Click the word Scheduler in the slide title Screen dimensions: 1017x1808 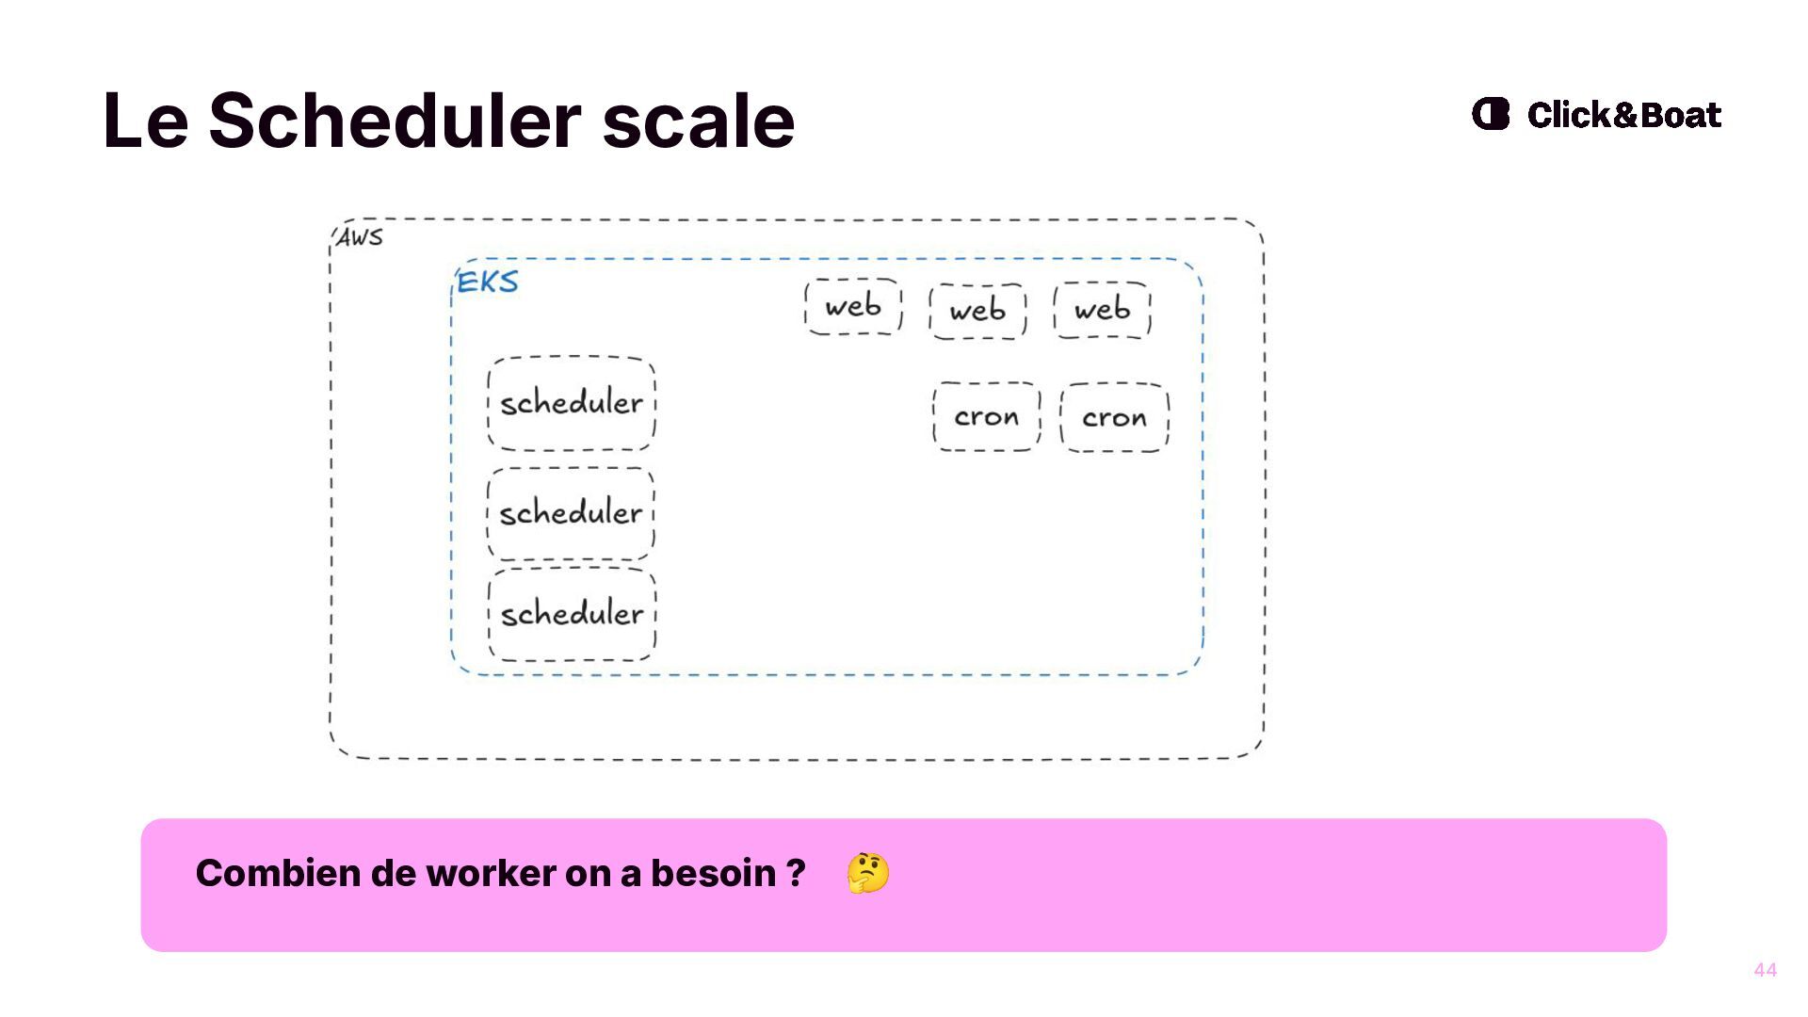tap(394, 121)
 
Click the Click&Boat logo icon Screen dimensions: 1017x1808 tap(1491, 114)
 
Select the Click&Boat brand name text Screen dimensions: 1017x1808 tap(1623, 115)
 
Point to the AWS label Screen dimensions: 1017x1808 tap(360, 237)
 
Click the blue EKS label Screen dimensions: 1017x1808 tap(487, 282)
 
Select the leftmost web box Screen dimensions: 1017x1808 tap(853, 306)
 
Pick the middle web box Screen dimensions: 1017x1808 tap(977, 311)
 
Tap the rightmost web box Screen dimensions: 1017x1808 tap(1102, 310)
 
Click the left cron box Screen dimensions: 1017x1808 tap(986, 416)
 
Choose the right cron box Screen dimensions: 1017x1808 tap(1114, 417)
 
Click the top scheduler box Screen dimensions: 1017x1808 tap(572, 403)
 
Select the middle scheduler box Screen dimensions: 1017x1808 tap(571, 513)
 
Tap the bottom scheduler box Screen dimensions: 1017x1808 tap(572, 614)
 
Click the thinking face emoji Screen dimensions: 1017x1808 tap(867, 873)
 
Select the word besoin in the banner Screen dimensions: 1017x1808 tap(713, 873)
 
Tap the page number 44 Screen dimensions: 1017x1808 tap(1765, 970)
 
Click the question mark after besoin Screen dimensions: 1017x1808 tap(797, 873)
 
